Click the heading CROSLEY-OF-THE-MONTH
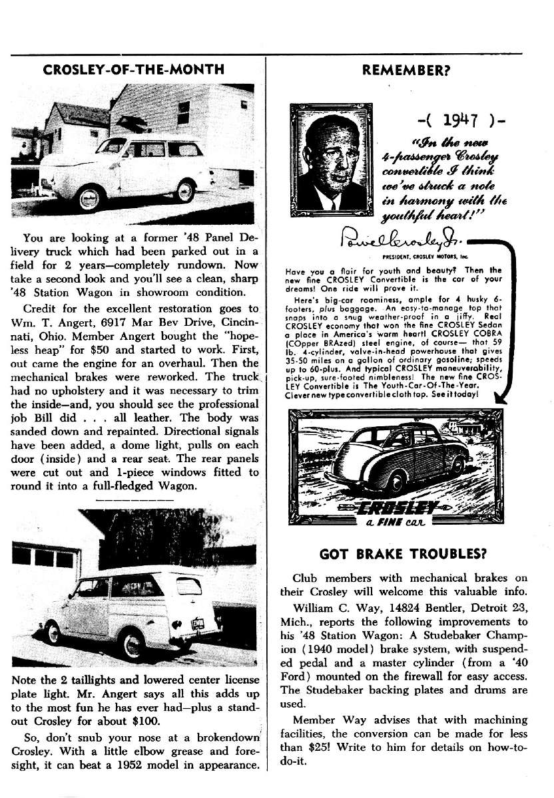click(x=133, y=69)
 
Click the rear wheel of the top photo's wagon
click(x=184, y=191)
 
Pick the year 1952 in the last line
click(x=154, y=764)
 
